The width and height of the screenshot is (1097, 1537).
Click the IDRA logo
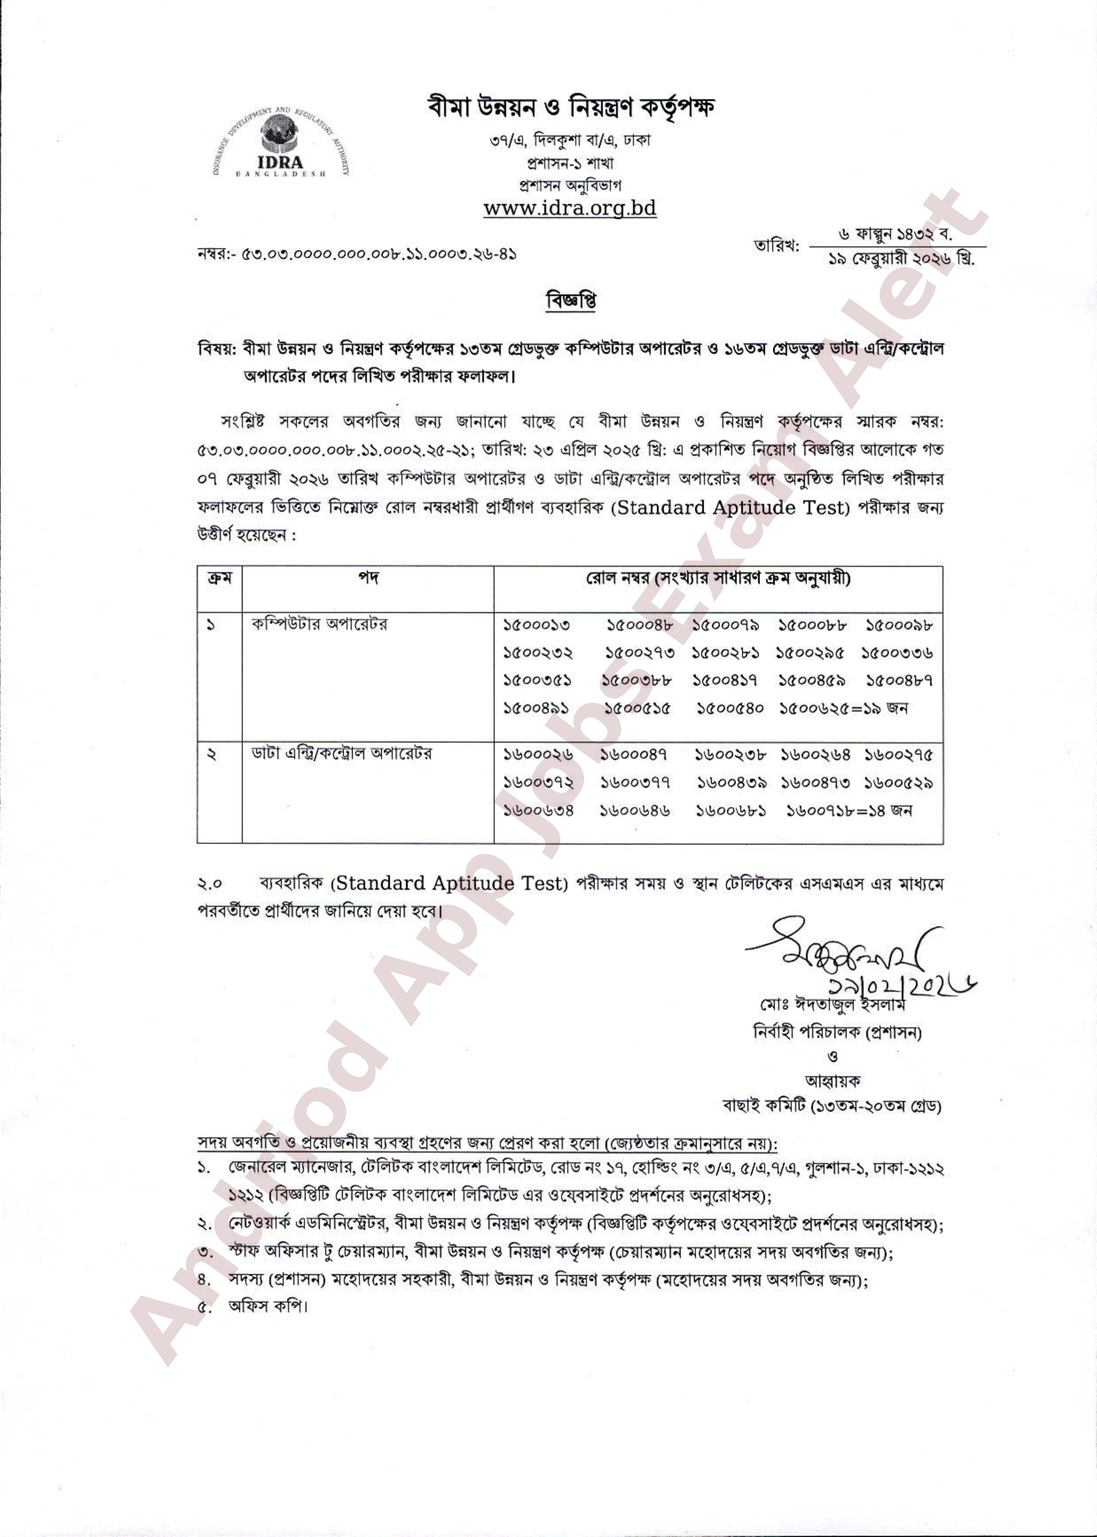pyautogui.click(x=280, y=144)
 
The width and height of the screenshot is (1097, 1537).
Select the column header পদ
pyautogui.click(x=368, y=578)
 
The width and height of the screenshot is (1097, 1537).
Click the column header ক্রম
pyautogui.click(x=219, y=578)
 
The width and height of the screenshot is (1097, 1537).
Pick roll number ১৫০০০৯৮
pyautogui.click(x=899, y=626)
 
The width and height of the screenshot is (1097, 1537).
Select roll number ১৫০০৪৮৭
pyautogui.click(x=899, y=681)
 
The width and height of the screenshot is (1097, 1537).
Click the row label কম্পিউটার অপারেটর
pyautogui.click(x=320, y=624)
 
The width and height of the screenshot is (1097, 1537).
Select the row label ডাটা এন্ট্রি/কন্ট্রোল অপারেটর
pyautogui.click(x=341, y=754)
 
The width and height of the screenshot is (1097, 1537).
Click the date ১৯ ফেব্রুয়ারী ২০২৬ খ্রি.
pyautogui.click(x=900, y=259)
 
